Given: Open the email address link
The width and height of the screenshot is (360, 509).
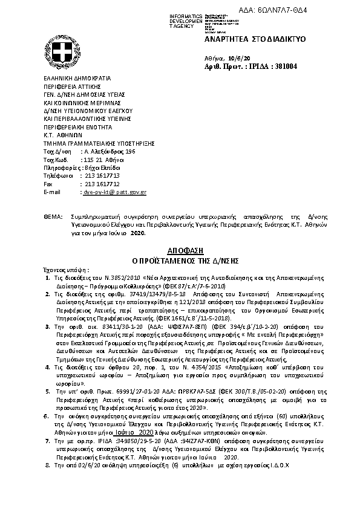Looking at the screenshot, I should (114, 192).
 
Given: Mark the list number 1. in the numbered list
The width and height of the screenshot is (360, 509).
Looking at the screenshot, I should (48, 276).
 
